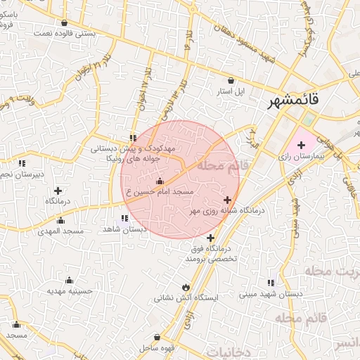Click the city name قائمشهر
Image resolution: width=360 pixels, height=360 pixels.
tap(293, 102)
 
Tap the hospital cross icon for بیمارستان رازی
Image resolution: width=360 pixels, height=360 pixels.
tap(302, 144)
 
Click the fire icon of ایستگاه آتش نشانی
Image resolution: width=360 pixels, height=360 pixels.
tap(185, 287)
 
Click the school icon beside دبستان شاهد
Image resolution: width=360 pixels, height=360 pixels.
tap(124, 218)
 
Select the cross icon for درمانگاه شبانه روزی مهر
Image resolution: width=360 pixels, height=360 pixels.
tap(226, 200)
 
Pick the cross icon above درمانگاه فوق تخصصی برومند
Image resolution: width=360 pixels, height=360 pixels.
tap(210, 238)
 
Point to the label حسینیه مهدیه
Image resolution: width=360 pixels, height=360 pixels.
tap(70, 290)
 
